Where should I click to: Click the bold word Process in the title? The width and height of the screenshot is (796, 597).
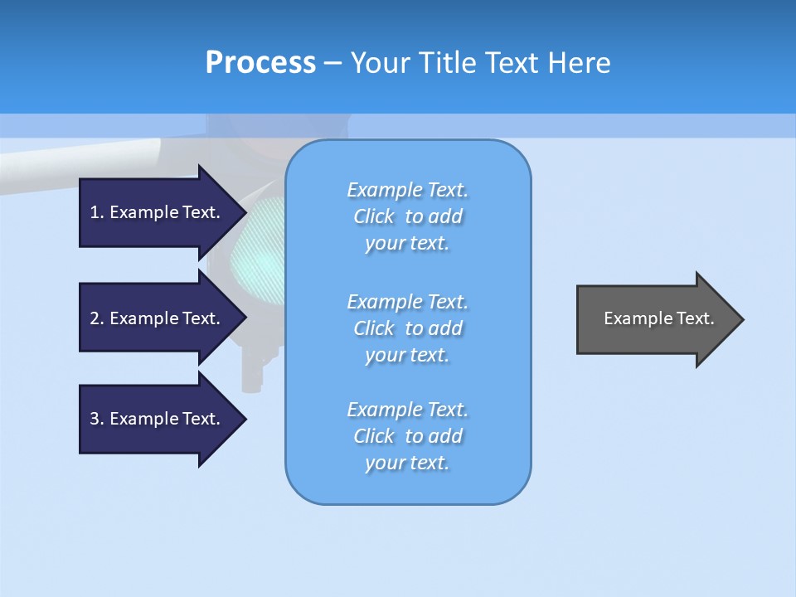(260, 63)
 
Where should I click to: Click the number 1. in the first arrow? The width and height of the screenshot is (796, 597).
(97, 212)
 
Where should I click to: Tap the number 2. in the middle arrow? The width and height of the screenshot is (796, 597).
(97, 318)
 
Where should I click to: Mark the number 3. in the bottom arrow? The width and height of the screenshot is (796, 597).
(97, 419)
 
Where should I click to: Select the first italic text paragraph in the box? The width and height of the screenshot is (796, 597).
(407, 216)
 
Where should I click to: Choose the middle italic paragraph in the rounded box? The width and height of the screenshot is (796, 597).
(407, 328)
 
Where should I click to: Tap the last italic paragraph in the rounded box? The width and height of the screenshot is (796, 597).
(407, 436)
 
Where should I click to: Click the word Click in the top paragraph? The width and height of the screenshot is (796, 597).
(374, 216)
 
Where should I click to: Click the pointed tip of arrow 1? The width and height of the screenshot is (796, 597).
(245, 212)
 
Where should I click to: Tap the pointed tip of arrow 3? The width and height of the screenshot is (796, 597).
(245, 419)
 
